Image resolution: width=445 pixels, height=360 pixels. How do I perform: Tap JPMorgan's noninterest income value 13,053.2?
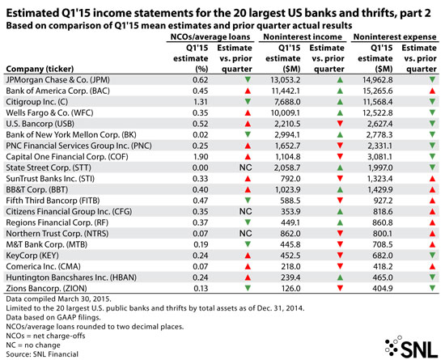(x=285, y=80)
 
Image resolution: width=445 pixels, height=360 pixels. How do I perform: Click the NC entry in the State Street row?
(x=245, y=167)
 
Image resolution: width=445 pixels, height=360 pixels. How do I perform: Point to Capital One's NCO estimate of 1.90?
(x=201, y=157)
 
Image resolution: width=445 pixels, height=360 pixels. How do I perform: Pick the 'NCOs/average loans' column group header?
(x=210, y=37)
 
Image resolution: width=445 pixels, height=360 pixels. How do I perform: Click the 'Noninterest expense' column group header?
(x=395, y=37)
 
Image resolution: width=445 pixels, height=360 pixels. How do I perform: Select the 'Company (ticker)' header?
(x=40, y=69)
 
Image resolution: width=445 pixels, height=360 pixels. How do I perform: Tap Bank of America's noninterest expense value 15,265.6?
(x=378, y=91)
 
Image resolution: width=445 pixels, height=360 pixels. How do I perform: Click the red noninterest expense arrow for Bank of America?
(x=432, y=91)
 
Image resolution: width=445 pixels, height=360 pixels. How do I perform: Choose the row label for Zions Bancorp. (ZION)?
(x=47, y=289)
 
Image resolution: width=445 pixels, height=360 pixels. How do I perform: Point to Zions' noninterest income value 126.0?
(x=290, y=289)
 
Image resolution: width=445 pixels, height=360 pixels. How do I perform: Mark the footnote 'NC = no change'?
(x=33, y=345)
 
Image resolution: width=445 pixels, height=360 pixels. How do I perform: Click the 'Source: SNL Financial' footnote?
(x=42, y=354)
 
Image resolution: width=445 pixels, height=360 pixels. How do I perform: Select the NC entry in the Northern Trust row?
(x=245, y=234)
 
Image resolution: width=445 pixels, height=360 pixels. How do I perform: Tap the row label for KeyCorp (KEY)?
(x=32, y=256)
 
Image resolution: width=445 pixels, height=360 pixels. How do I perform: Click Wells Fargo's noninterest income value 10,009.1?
(x=286, y=113)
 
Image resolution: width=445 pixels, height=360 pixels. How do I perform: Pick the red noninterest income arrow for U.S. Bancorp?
(x=340, y=124)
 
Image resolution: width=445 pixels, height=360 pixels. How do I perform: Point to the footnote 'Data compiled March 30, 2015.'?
(x=59, y=299)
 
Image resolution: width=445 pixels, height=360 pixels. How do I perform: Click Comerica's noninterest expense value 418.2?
(x=383, y=267)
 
